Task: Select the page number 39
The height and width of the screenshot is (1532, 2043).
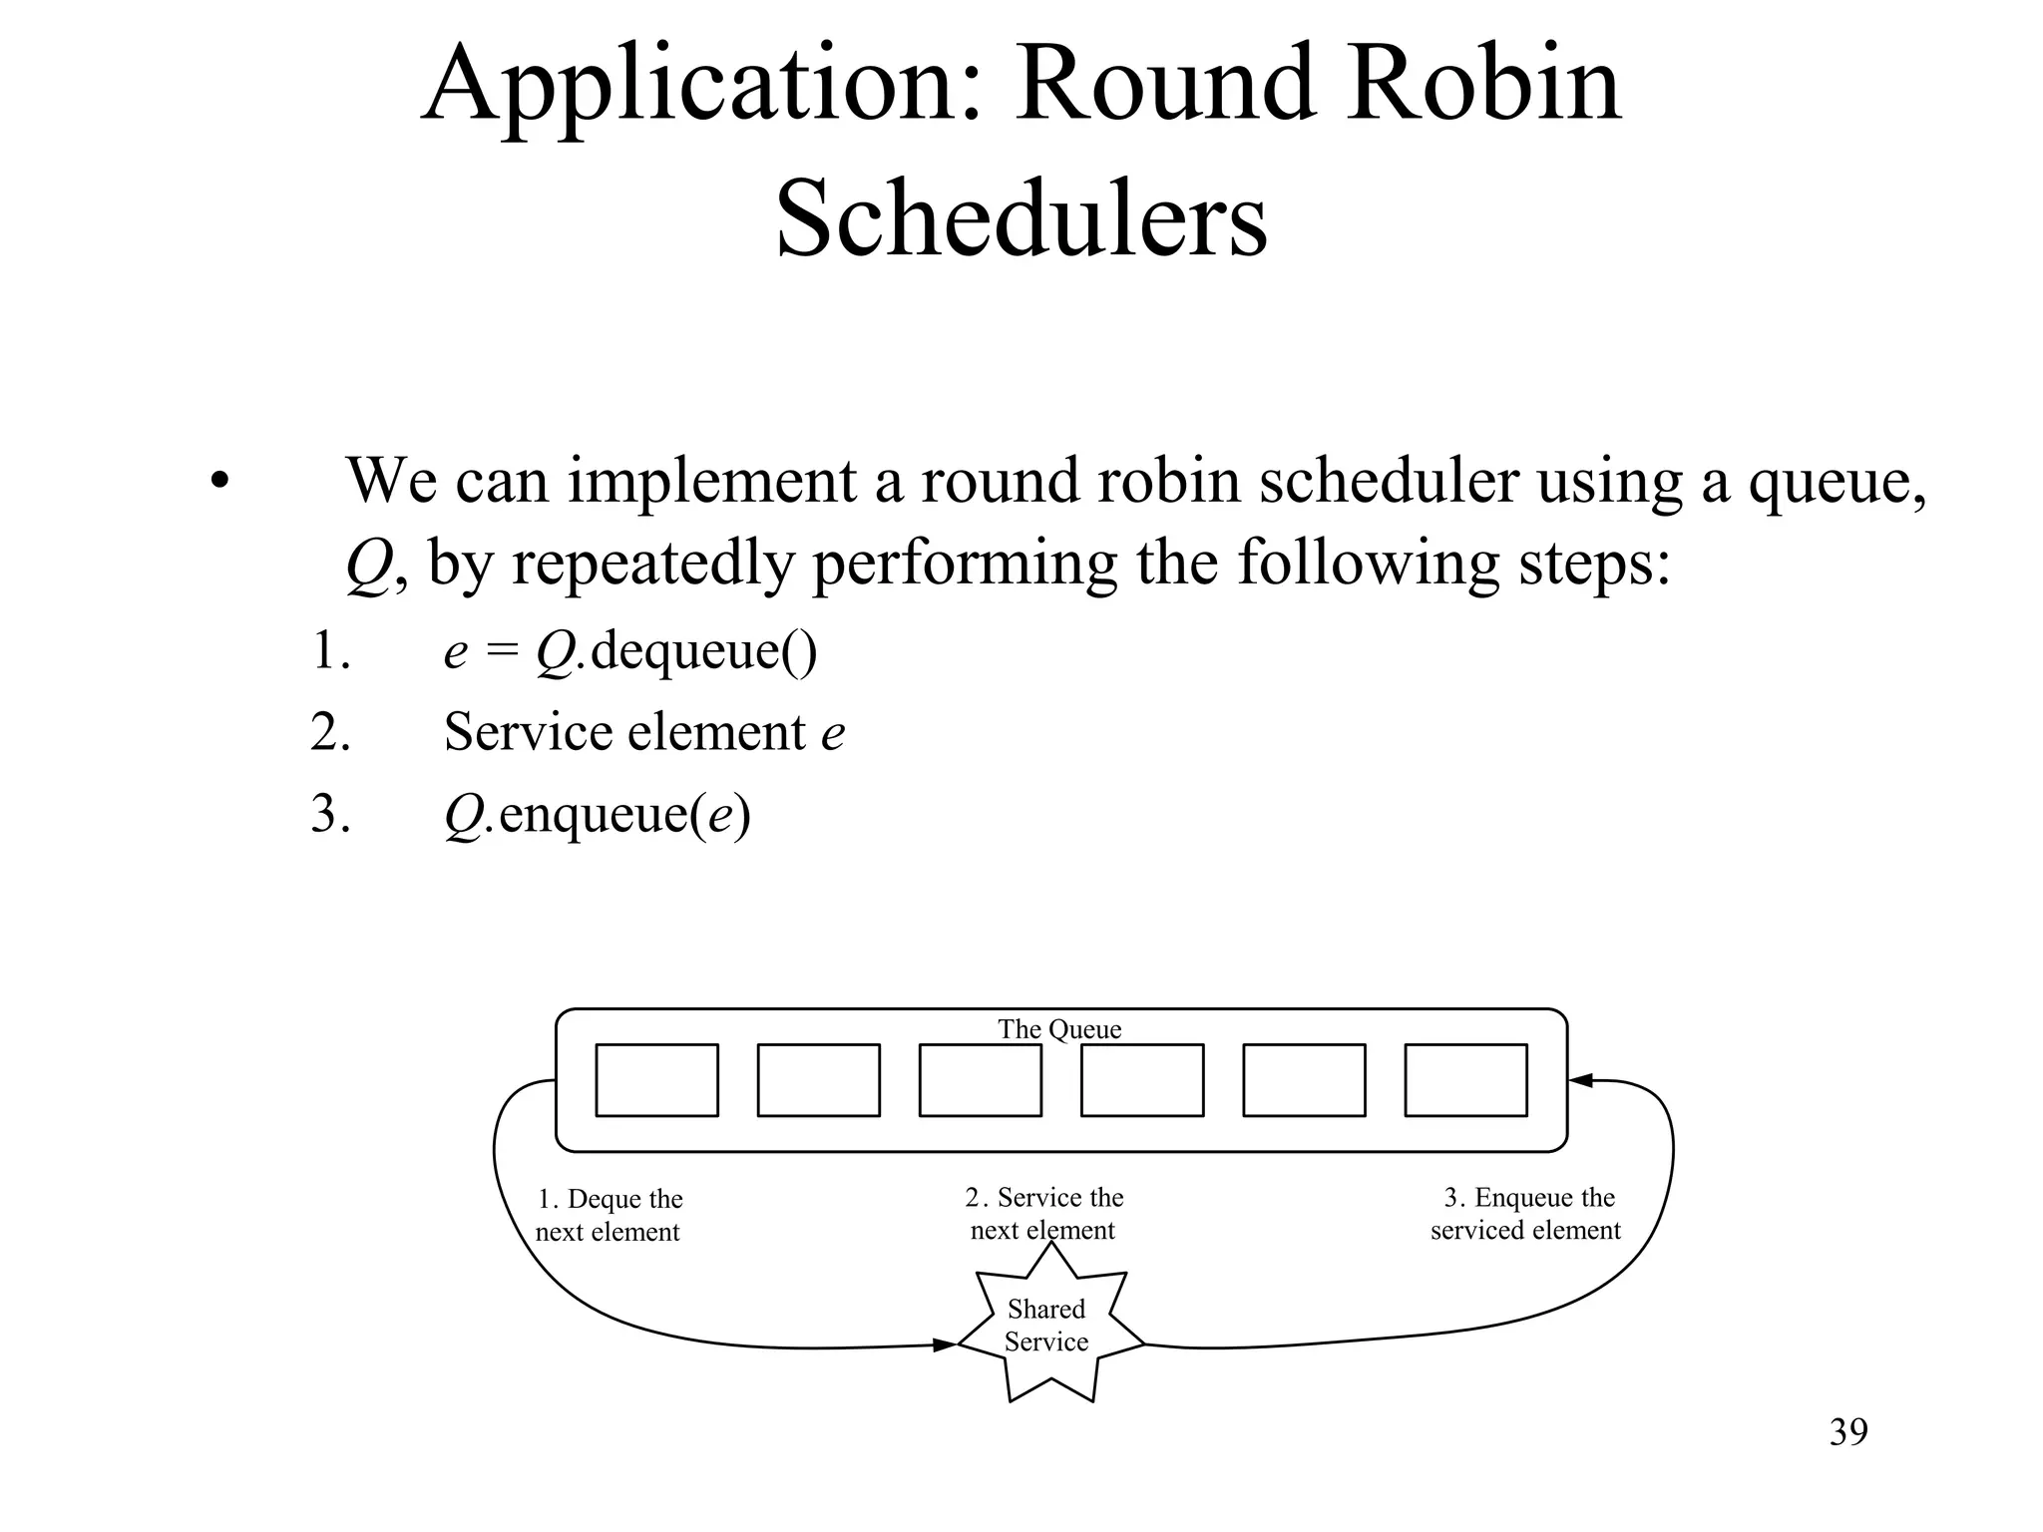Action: pyautogui.click(x=1848, y=1432)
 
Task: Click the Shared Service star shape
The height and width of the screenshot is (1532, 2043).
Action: pyautogui.click(x=1047, y=1327)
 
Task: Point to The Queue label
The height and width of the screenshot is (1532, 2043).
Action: pyautogui.click(x=1059, y=1029)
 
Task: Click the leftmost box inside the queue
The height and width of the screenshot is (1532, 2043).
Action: pyautogui.click(x=656, y=1080)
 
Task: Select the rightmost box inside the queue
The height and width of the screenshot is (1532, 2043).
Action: pyautogui.click(x=1465, y=1080)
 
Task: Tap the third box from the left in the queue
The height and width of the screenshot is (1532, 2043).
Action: pyautogui.click(x=980, y=1080)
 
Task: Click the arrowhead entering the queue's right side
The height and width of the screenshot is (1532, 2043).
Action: pyautogui.click(x=1580, y=1080)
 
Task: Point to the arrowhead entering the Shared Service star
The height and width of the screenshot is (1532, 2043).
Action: pyautogui.click(x=946, y=1345)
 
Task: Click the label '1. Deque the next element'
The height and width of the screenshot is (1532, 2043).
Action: pyautogui.click(x=609, y=1215)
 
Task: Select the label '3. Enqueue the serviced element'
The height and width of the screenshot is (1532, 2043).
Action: pyautogui.click(x=1526, y=1214)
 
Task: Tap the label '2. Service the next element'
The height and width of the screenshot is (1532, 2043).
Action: pyautogui.click(x=1043, y=1213)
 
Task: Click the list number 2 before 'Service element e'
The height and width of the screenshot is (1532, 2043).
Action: pyautogui.click(x=329, y=732)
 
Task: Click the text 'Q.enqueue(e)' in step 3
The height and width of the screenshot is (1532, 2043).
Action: pyautogui.click(x=597, y=814)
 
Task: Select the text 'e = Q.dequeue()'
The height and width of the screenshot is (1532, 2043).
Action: pyautogui.click(x=630, y=651)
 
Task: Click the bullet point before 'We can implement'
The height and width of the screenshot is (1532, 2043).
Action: pyautogui.click(x=220, y=483)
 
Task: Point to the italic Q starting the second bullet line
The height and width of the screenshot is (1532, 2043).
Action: pyautogui.click(x=367, y=565)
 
